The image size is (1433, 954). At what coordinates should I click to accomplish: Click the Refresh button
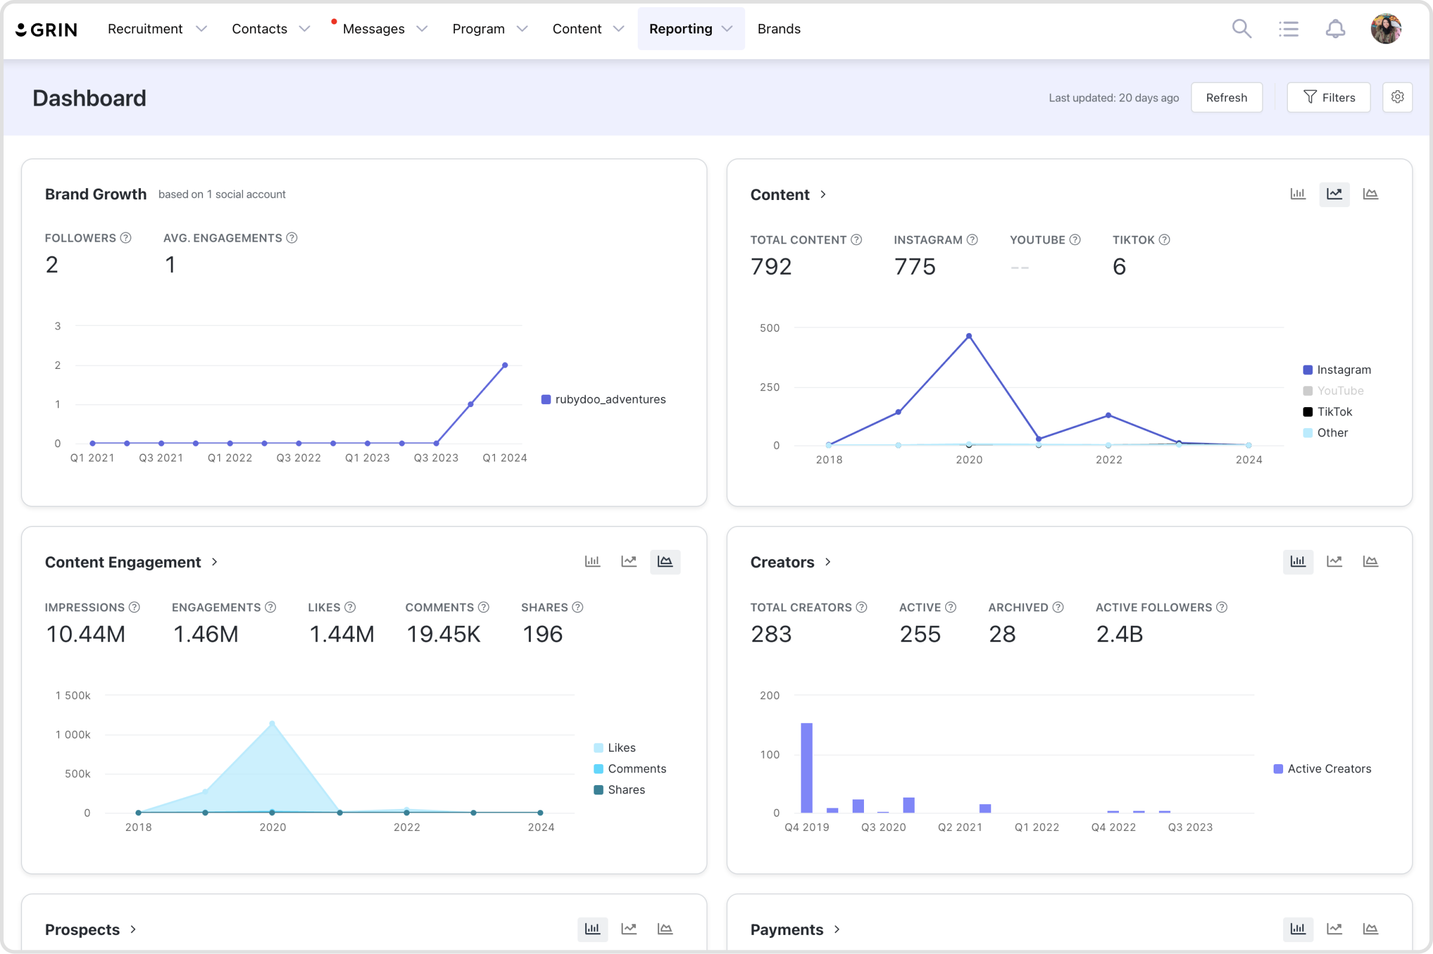pos(1226,97)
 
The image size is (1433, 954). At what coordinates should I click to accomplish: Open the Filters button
pos(1329,97)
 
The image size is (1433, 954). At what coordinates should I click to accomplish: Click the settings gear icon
pos(1397,97)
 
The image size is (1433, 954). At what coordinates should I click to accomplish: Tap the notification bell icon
pos(1335,29)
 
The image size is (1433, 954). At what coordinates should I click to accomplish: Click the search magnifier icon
pos(1241,29)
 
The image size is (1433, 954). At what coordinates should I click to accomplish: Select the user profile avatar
pos(1386,29)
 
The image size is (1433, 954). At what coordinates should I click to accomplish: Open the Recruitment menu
pos(157,29)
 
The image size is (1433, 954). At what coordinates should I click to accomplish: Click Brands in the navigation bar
pos(779,29)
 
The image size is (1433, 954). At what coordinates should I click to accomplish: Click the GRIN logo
pos(46,29)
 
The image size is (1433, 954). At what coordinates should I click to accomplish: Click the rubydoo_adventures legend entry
pos(604,399)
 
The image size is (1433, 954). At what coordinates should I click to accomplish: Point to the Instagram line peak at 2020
pos(968,336)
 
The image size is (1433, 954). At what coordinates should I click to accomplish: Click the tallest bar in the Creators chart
pos(807,768)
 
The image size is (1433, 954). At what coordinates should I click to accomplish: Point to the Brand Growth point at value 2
pos(505,365)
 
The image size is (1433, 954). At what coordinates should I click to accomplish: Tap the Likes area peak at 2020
pos(272,724)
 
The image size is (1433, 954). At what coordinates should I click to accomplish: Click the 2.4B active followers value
pos(1119,634)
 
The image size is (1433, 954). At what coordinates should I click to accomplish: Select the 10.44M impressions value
pos(86,634)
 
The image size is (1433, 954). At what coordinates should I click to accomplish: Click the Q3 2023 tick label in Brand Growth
pos(436,457)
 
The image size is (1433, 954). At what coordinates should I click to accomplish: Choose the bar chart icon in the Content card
pos(1297,194)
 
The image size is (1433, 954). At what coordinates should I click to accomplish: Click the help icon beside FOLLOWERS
pos(126,238)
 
